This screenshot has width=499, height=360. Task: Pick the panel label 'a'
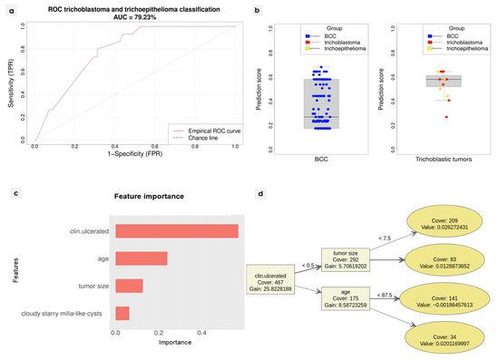(10, 7)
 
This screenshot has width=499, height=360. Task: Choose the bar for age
(141, 258)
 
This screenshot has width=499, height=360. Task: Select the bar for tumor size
(128, 286)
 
